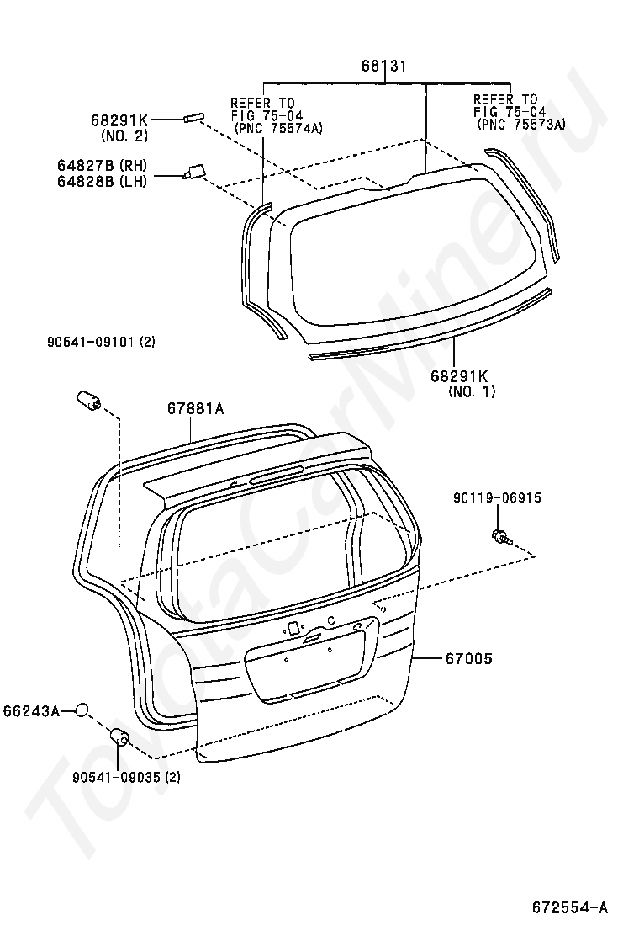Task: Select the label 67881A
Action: (x=195, y=409)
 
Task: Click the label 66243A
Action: (x=31, y=711)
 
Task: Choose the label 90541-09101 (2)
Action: (x=101, y=342)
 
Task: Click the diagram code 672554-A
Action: (x=569, y=907)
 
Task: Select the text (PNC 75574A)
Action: (x=278, y=127)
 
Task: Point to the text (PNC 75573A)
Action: (x=521, y=124)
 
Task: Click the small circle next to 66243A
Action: (x=81, y=711)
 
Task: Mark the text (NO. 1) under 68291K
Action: (x=472, y=391)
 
